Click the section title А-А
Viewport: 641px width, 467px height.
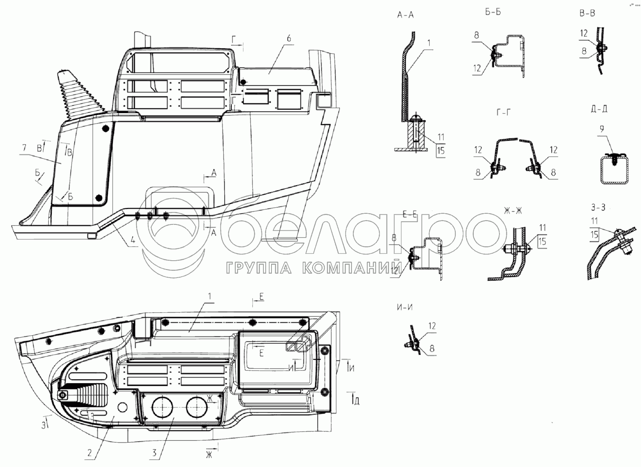coord(405,15)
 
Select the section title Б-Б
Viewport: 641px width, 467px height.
coord(493,12)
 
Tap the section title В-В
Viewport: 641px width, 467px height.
coord(587,13)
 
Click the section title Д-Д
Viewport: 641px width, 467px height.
coord(599,109)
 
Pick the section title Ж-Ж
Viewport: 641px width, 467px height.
coord(513,211)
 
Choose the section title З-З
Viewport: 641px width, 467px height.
coord(598,208)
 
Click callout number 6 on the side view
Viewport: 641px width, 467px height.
coord(288,38)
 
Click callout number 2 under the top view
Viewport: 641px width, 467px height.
coord(90,453)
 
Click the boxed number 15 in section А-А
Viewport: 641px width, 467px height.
coord(441,150)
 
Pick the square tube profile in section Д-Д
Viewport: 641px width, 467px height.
coord(615,169)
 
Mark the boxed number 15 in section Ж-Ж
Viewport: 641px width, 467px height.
coord(542,241)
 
